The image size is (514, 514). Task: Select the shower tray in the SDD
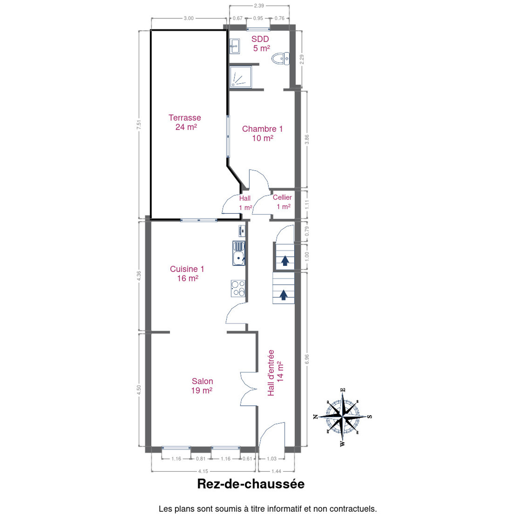coord(241,77)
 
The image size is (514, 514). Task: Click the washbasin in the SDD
coord(235,46)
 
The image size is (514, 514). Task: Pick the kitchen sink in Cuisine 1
coord(239,253)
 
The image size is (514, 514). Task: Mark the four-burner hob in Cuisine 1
coord(238,288)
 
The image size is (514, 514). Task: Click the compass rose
coord(343,417)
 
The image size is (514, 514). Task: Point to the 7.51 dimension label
coord(139,125)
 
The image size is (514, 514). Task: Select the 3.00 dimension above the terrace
coord(188,19)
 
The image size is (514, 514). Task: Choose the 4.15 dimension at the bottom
coord(203,471)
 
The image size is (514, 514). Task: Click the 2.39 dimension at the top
coord(259,6)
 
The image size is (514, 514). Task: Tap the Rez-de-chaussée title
coord(251,484)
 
